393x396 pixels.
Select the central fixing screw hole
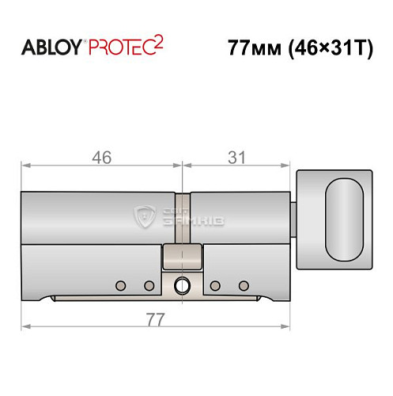click(183, 286)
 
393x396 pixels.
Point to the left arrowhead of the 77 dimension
click(25, 326)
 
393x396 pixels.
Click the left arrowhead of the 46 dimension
click(25, 166)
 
